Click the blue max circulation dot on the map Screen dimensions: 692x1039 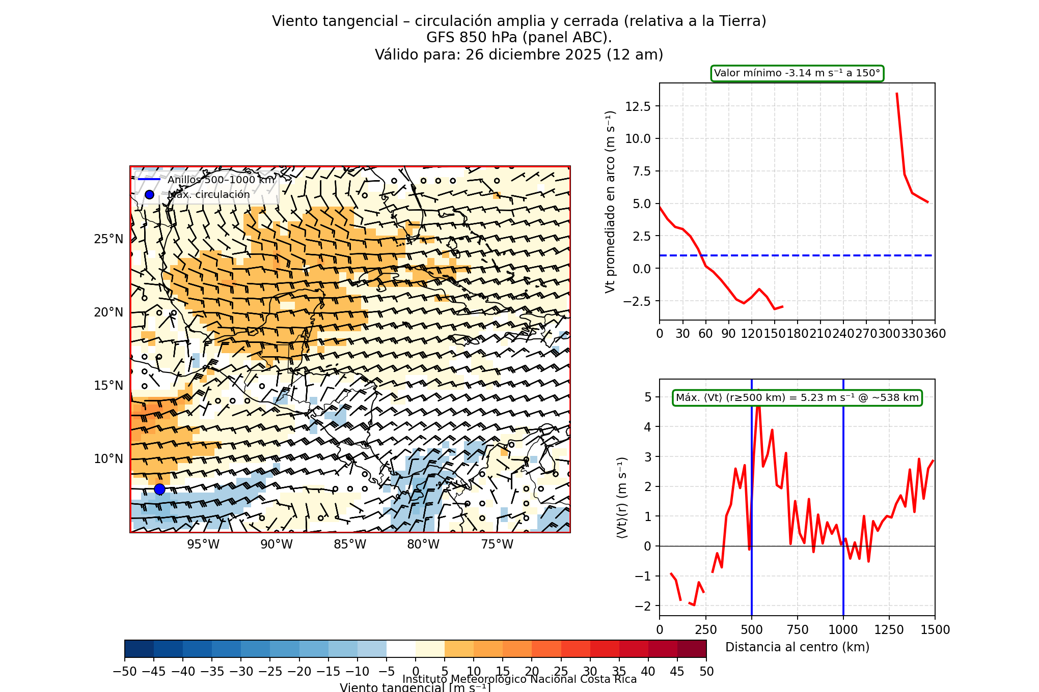[159, 489]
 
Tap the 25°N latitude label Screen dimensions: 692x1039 [108, 239]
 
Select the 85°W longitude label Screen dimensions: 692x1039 [350, 544]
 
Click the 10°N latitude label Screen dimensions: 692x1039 [108, 459]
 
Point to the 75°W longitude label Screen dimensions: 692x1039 [497, 544]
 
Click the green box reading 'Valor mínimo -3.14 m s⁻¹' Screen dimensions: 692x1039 [797, 73]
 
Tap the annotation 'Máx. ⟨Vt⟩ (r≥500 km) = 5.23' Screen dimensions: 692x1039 [797, 398]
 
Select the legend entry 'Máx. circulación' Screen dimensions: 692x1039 [209, 194]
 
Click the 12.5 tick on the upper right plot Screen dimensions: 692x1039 [638, 106]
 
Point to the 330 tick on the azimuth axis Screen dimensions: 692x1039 [912, 334]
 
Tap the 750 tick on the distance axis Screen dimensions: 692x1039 [798, 630]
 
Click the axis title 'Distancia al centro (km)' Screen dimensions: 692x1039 [797, 647]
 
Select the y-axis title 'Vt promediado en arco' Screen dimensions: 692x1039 [610, 202]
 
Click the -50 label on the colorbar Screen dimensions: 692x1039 [125, 672]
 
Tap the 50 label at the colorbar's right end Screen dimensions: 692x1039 [706, 672]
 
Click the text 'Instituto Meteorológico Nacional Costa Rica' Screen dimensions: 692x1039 [519, 679]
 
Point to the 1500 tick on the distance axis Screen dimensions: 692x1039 [935, 630]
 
